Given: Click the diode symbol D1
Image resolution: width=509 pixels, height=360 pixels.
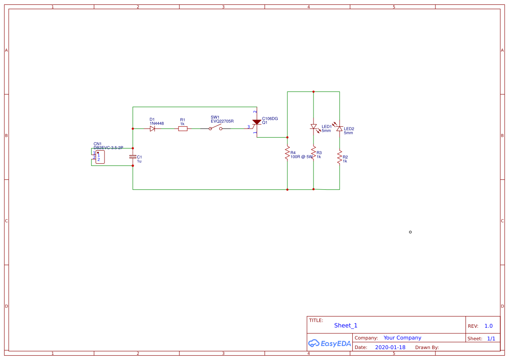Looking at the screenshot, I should [x=152, y=128].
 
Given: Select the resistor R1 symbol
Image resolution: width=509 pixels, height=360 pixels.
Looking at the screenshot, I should [x=183, y=128].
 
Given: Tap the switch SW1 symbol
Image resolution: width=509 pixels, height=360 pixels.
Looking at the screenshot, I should [x=215, y=128].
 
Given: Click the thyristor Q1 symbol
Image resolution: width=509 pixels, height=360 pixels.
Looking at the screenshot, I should [x=256, y=123].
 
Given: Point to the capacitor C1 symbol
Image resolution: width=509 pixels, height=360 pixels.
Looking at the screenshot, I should [x=133, y=157].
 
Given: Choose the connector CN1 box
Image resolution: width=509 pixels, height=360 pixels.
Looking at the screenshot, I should [x=100, y=157].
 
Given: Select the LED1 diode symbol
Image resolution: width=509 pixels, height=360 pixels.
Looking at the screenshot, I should [x=313, y=127].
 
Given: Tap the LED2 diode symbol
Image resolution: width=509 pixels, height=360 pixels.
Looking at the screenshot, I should [x=340, y=129].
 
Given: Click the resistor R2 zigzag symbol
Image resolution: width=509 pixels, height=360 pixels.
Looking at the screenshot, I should [x=340, y=157].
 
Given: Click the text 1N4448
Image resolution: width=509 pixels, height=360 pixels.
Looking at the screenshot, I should [x=157, y=124].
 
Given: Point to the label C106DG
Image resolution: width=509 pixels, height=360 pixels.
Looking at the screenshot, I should [x=270, y=118].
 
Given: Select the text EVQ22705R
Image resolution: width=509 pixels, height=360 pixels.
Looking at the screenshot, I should [x=222, y=121].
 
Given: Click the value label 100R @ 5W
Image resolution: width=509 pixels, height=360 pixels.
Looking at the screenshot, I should [x=301, y=157].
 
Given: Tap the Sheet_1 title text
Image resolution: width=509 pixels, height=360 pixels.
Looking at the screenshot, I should [x=346, y=326].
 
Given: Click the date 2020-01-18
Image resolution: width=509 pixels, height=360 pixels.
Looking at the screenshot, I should [x=390, y=347].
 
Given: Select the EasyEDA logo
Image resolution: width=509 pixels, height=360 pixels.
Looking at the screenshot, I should [x=330, y=343].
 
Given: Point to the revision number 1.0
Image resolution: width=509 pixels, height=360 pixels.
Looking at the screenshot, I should [x=489, y=326].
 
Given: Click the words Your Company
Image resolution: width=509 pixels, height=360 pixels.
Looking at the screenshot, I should [x=402, y=338].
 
